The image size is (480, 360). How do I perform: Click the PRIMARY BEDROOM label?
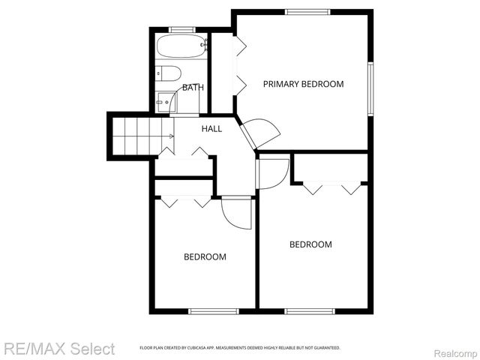[303, 84]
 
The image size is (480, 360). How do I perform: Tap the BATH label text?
[193, 88]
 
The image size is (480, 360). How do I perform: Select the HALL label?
[211, 129]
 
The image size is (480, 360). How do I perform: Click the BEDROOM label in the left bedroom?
[205, 256]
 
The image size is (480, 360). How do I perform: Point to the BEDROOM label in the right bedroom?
[310, 244]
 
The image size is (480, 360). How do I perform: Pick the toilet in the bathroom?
[168, 73]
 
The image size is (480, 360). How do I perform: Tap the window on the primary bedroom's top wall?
[307, 10]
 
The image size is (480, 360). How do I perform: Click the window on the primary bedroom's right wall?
[370, 88]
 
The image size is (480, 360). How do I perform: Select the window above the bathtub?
[181, 29]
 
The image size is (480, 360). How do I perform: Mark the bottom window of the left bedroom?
[213, 311]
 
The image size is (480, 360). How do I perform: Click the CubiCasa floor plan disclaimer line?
[240, 348]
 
